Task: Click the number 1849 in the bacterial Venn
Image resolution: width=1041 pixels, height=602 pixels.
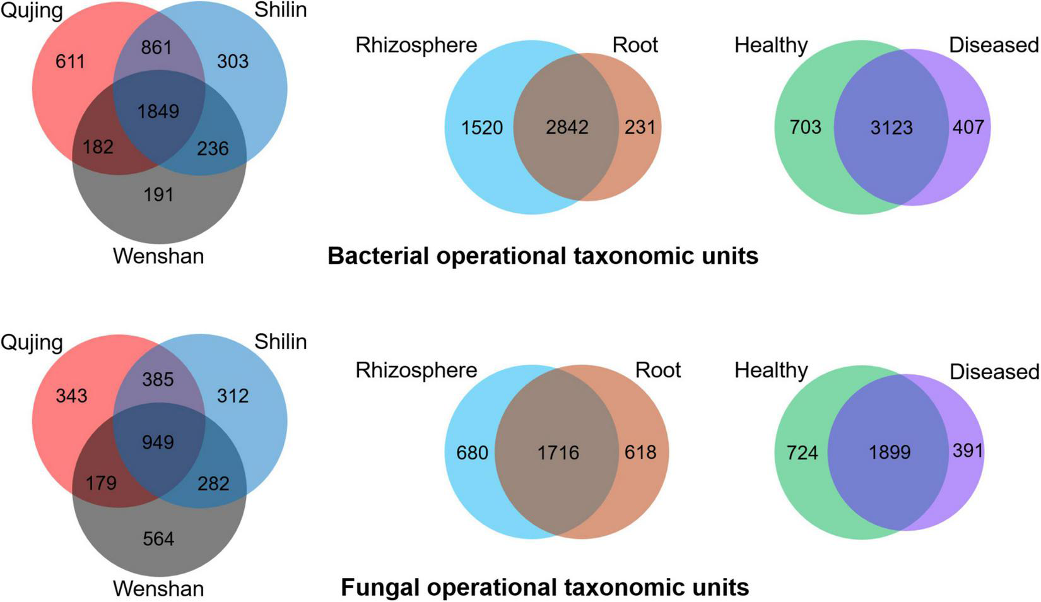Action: tap(158, 112)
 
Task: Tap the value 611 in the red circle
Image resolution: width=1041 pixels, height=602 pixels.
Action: tap(70, 62)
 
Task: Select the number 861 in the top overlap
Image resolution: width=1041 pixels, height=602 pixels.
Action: tap(156, 47)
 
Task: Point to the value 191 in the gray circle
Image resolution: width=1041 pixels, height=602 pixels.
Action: tap(158, 194)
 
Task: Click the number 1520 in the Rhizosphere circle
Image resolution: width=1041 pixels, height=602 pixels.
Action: tap(482, 127)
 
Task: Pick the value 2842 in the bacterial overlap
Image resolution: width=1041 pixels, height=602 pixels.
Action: tap(567, 127)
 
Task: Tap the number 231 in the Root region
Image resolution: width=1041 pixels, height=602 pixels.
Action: tap(640, 127)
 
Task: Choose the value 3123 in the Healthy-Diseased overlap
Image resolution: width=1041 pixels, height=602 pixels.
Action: tap(891, 127)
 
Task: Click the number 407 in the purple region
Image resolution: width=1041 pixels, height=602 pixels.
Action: tap(968, 127)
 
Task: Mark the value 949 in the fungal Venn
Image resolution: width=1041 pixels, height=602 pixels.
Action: tap(158, 442)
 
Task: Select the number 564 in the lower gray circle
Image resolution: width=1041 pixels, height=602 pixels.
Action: tap(158, 539)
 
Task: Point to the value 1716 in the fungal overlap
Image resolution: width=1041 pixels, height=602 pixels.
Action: tap(558, 452)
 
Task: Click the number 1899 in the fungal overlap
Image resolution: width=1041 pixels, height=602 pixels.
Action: tap(890, 452)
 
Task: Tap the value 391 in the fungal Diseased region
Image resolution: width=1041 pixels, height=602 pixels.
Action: tap(968, 451)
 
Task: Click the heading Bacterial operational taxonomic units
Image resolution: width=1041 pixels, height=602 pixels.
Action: tap(543, 256)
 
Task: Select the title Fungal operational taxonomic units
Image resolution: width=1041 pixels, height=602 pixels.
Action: tap(544, 587)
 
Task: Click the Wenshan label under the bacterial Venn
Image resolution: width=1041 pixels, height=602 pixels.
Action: tap(158, 256)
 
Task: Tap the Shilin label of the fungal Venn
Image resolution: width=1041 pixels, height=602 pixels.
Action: tap(280, 341)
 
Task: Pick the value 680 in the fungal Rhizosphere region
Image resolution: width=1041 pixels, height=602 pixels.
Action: tap(472, 452)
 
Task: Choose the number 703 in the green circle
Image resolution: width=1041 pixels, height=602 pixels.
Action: tap(806, 127)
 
